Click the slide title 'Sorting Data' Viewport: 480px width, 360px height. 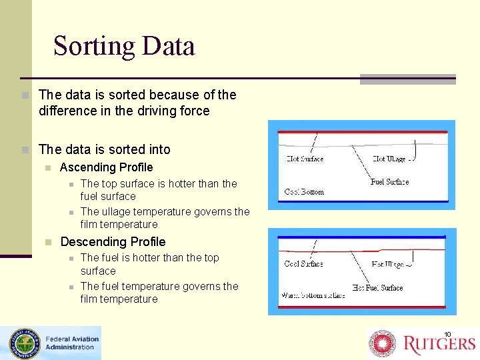pos(124,46)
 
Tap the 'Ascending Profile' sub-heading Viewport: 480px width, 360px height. pos(106,167)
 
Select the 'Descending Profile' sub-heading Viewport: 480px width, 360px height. pos(113,242)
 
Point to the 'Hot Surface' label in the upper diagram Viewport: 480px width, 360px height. pos(305,159)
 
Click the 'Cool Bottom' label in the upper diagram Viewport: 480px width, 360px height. pos(304,192)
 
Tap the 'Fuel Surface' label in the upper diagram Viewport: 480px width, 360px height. pos(389,181)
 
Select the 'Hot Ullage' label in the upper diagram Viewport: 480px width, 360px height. pos(392,159)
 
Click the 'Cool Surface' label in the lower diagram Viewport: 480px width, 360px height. pos(303,263)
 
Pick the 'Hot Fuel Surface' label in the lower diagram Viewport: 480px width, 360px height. pos(377,288)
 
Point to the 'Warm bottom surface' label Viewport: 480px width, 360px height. pos(314,295)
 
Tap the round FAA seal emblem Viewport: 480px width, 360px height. pos(24,344)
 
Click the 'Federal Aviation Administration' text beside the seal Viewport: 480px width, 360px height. pos(71,343)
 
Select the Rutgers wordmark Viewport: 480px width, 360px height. pos(439,344)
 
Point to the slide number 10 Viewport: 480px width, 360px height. pos(447,334)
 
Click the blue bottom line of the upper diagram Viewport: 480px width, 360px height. pos(361,201)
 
